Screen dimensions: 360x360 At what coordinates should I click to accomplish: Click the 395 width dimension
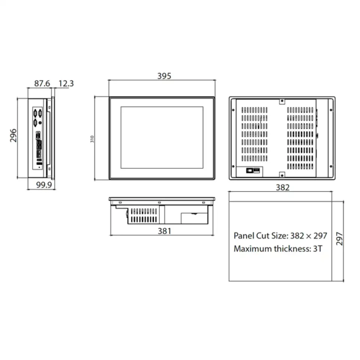(x=164, y=76)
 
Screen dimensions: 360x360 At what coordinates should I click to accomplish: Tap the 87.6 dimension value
(x=42, y=84)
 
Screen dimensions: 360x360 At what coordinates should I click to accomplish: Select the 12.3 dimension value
(x=66, y=84)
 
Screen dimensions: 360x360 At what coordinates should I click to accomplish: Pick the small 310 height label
(x=92, y=139)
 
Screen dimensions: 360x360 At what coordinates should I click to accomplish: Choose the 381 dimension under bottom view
(x=164, y=231)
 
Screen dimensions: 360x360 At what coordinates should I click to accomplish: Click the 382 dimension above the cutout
(x=282, y=187)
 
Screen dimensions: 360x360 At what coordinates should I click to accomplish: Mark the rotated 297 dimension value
(x=340, y=238)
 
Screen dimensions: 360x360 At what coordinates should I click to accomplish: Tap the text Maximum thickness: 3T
(x=278, y=249)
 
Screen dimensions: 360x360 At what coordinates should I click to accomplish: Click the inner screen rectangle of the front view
(x=162, y=137)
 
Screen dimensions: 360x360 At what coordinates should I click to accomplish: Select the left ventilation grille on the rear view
(x=254, y=134)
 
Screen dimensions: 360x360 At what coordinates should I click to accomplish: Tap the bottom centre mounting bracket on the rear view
(x=282, y=174)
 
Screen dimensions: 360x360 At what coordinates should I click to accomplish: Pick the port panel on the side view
(x=38, y=139)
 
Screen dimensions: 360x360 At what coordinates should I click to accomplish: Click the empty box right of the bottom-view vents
(x=194, y=218)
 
